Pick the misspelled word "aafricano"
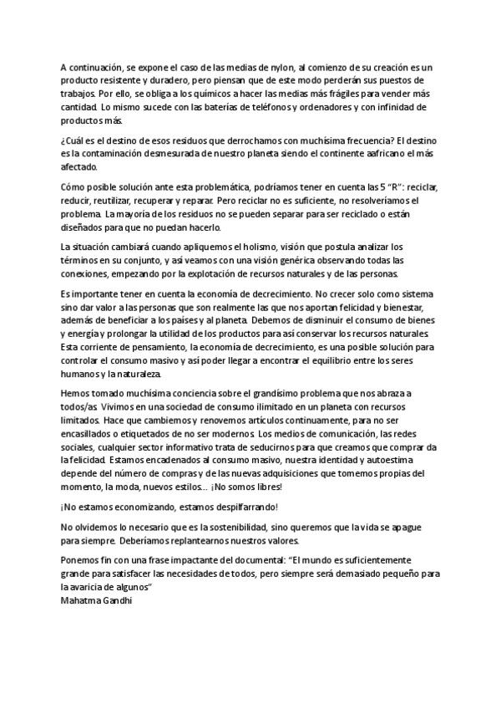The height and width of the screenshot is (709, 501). pyautogui.click(x=381, y=155)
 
